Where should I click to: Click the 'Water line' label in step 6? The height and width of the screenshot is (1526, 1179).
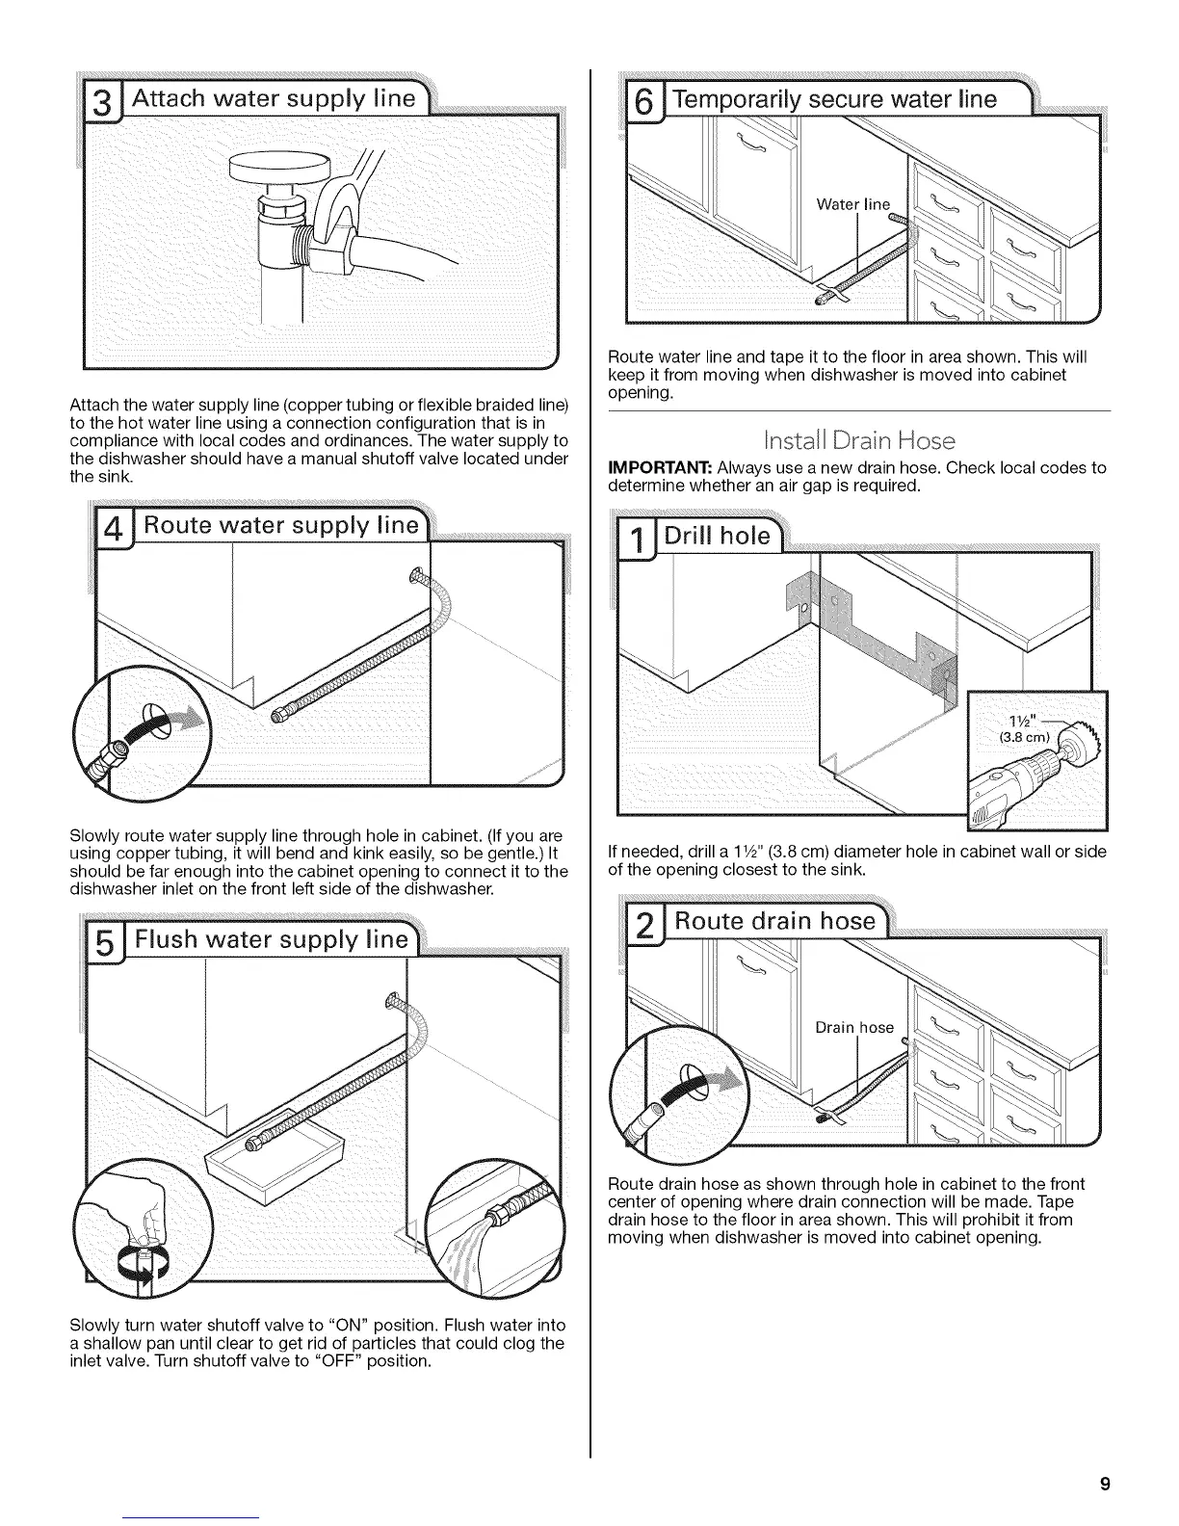click(853, 203)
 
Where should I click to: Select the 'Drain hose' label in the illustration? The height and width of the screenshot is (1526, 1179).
click(854, 1027)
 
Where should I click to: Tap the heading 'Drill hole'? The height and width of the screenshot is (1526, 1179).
click(720, 535)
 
